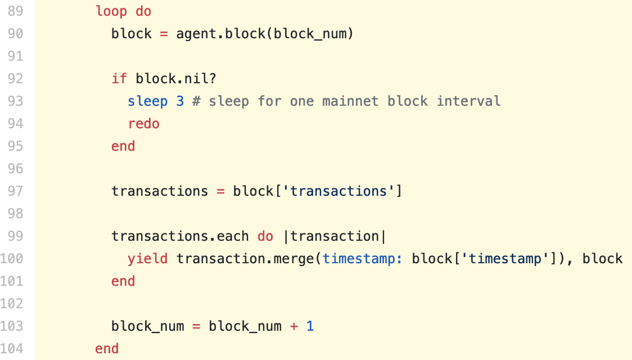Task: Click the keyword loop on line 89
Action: [x=111, y=11]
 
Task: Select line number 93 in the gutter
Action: [x=15, y=101]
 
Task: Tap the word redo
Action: [x=144, y=123]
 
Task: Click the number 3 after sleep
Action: [x=180, y=101]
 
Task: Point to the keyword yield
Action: [x=147, y=258]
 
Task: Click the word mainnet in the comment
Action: [x=350, y=101]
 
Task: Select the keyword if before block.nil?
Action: [x=119, y=78]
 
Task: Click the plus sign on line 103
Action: [x=294, y=326]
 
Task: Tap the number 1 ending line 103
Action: [x=310, y=326]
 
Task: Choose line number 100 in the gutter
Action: [x=11, y=258]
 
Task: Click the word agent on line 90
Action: [x=196, y=34]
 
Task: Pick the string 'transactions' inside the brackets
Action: [x=338, y=191]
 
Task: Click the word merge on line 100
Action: [x=294, y=258]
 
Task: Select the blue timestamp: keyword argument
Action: [x=362, y=258]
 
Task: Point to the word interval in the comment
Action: [x=469, y=101]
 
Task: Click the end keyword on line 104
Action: [x=107, y=348]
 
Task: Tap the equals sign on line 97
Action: [x=220, y=191]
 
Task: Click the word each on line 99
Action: [x=233, y=236]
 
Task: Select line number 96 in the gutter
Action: [x=15, y=168]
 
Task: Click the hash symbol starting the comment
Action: [x=196, y=101]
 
